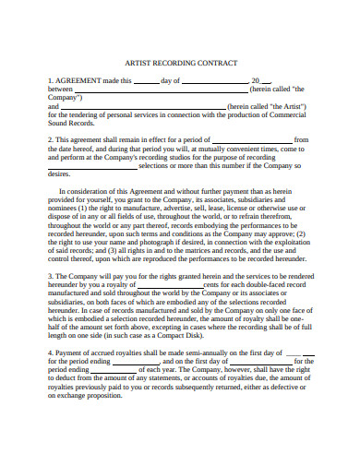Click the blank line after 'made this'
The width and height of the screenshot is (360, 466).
coord(147,81)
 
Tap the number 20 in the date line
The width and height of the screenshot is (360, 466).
coord(256,80)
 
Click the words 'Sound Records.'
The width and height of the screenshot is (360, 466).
coord(70,122)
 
